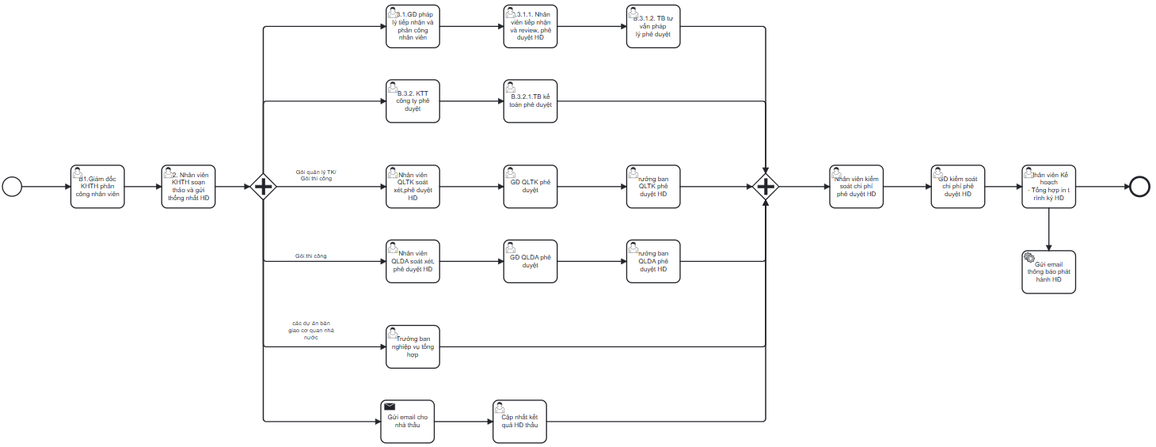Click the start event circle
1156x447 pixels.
tap(12, 187)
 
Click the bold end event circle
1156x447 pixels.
tap(1139, 187)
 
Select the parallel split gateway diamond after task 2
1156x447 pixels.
tap(262, 187)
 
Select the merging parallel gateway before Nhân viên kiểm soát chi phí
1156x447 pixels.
tap(766, 187)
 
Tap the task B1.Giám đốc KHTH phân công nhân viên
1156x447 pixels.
tap(97, 187)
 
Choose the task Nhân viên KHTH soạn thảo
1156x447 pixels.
tap(188, 187)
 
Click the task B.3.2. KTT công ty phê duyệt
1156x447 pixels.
tap(413, 101)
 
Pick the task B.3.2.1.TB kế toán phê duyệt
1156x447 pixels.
tap(530, 101)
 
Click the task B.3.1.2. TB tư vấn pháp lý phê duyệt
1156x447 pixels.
tap(653, 27)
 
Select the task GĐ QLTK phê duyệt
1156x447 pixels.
tap(530, 187)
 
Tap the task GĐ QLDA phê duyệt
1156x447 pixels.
tap(530, 261)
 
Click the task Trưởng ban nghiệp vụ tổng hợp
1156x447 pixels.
tap(413, 347)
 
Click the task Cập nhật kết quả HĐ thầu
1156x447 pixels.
tap(519, 421)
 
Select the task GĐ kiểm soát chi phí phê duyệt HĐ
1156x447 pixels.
tap(958, 187)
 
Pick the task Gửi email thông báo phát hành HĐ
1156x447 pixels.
tap(1048, 272)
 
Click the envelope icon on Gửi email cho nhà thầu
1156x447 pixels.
tap(390, 407)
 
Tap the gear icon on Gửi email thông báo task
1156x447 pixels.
tap(1029, 257)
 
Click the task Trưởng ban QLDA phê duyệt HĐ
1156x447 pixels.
tap(653, 261)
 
